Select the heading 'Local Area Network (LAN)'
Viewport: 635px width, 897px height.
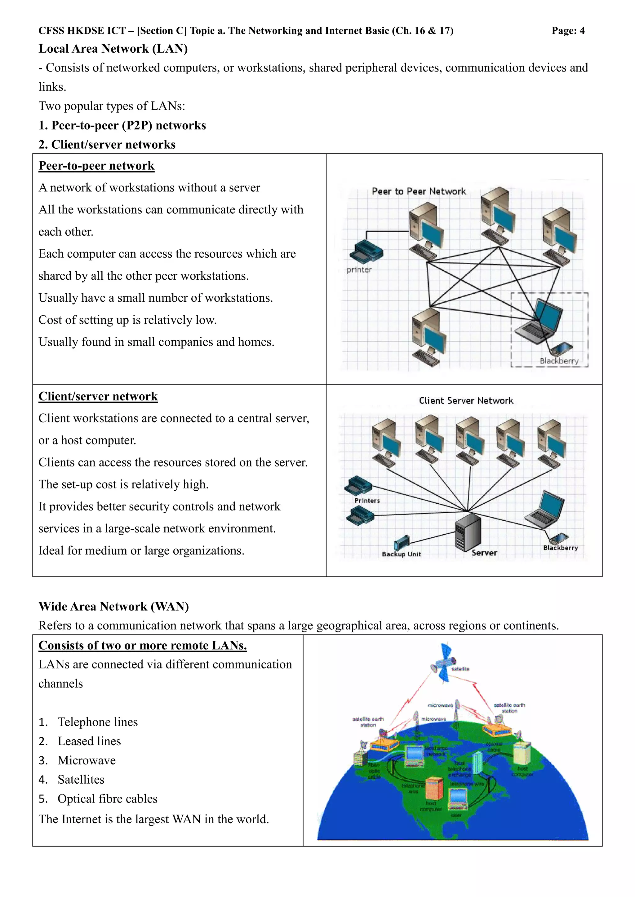pos(113,49)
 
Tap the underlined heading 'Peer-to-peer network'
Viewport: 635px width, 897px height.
pos(96,166)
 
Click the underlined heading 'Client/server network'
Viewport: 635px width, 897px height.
pos(98,396)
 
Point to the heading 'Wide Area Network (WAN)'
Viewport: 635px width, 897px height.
pos(113,606)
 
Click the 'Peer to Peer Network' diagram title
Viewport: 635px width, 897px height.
pos(419,191)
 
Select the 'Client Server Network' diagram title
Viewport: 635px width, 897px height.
pos(466,400)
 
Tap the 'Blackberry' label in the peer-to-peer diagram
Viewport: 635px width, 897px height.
pos(559,361)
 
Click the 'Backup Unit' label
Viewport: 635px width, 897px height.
pos(401,554)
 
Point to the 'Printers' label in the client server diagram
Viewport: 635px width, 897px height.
pos(367,501)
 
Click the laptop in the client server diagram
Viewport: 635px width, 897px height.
pos(545,510)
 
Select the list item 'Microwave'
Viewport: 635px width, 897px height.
pos(87,760)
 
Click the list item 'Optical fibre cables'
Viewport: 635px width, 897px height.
pos(107,799)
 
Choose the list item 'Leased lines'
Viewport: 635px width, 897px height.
pos(89,741)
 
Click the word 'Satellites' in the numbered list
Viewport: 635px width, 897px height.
pos(81,779)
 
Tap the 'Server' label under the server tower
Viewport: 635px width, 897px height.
pos(484,553)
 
